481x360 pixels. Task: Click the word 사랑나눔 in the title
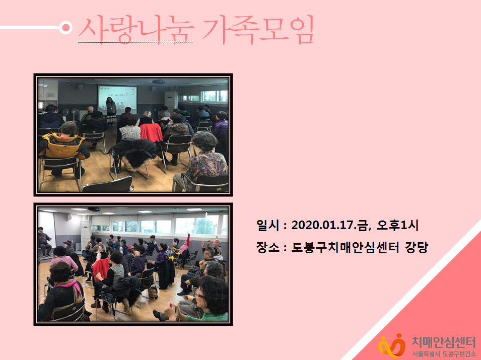click(x=136, y=29)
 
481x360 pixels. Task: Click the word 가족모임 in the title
click(x=258, y=29)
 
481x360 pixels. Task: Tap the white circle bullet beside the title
click(x=65, y=28)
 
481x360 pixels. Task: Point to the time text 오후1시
click(x=397, y=226)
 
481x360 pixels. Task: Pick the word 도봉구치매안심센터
click(x=345, y=247)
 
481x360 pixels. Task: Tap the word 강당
click(x=416, y=247)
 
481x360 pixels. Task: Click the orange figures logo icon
click(x=392, y=345)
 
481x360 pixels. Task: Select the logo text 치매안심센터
click(x=443, y=341)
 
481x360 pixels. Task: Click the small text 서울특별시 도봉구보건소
click(x=444, y=354)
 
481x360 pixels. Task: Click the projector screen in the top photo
click(x=117, y=99)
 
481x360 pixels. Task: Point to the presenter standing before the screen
click(x=111, y=111)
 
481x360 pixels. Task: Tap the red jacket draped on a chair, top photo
click(x=151, y=132)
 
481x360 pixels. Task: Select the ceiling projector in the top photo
click(x=158, y=82)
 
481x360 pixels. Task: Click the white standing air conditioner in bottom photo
click(x=85, y=235)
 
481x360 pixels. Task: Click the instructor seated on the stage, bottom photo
click(x=44, y=241)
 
